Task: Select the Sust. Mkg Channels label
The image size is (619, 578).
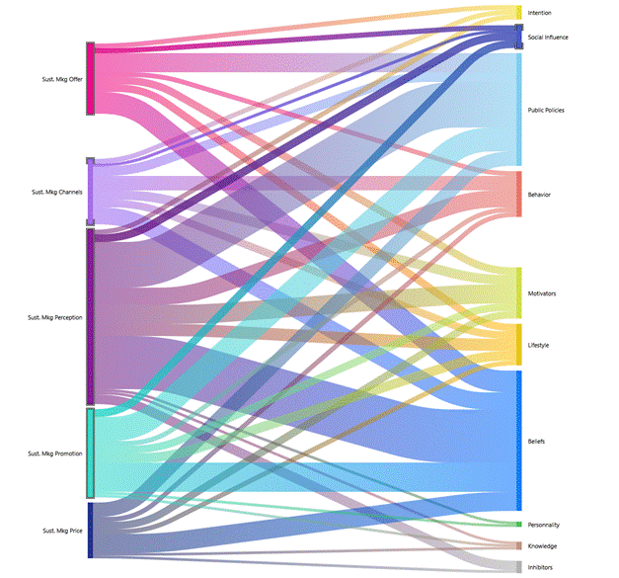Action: (56, 192)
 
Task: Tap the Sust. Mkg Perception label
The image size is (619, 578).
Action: (55, 317)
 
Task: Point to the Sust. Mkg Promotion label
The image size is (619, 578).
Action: (55, 454)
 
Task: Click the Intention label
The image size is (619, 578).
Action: (540, 13)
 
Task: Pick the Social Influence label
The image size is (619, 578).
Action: (549, 38)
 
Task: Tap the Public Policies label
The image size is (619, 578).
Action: (546, 110)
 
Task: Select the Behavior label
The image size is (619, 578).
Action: (539, 195)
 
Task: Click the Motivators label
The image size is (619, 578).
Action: (542, 293)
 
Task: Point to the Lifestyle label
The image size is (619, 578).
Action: (539, 345)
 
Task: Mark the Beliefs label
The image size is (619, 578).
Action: (536, 441)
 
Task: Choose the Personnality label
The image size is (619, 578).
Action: (544, 525)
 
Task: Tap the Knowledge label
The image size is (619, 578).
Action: (542, 546)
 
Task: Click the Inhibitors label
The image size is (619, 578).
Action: (541, 567)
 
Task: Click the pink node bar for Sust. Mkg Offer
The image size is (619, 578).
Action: (91, 78)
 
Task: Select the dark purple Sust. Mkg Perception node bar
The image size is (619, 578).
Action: (91, 317)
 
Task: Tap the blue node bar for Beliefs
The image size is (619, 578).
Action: (518, 441)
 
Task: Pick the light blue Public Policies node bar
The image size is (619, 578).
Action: (518, 109)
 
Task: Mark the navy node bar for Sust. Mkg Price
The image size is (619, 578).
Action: (91, 531)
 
